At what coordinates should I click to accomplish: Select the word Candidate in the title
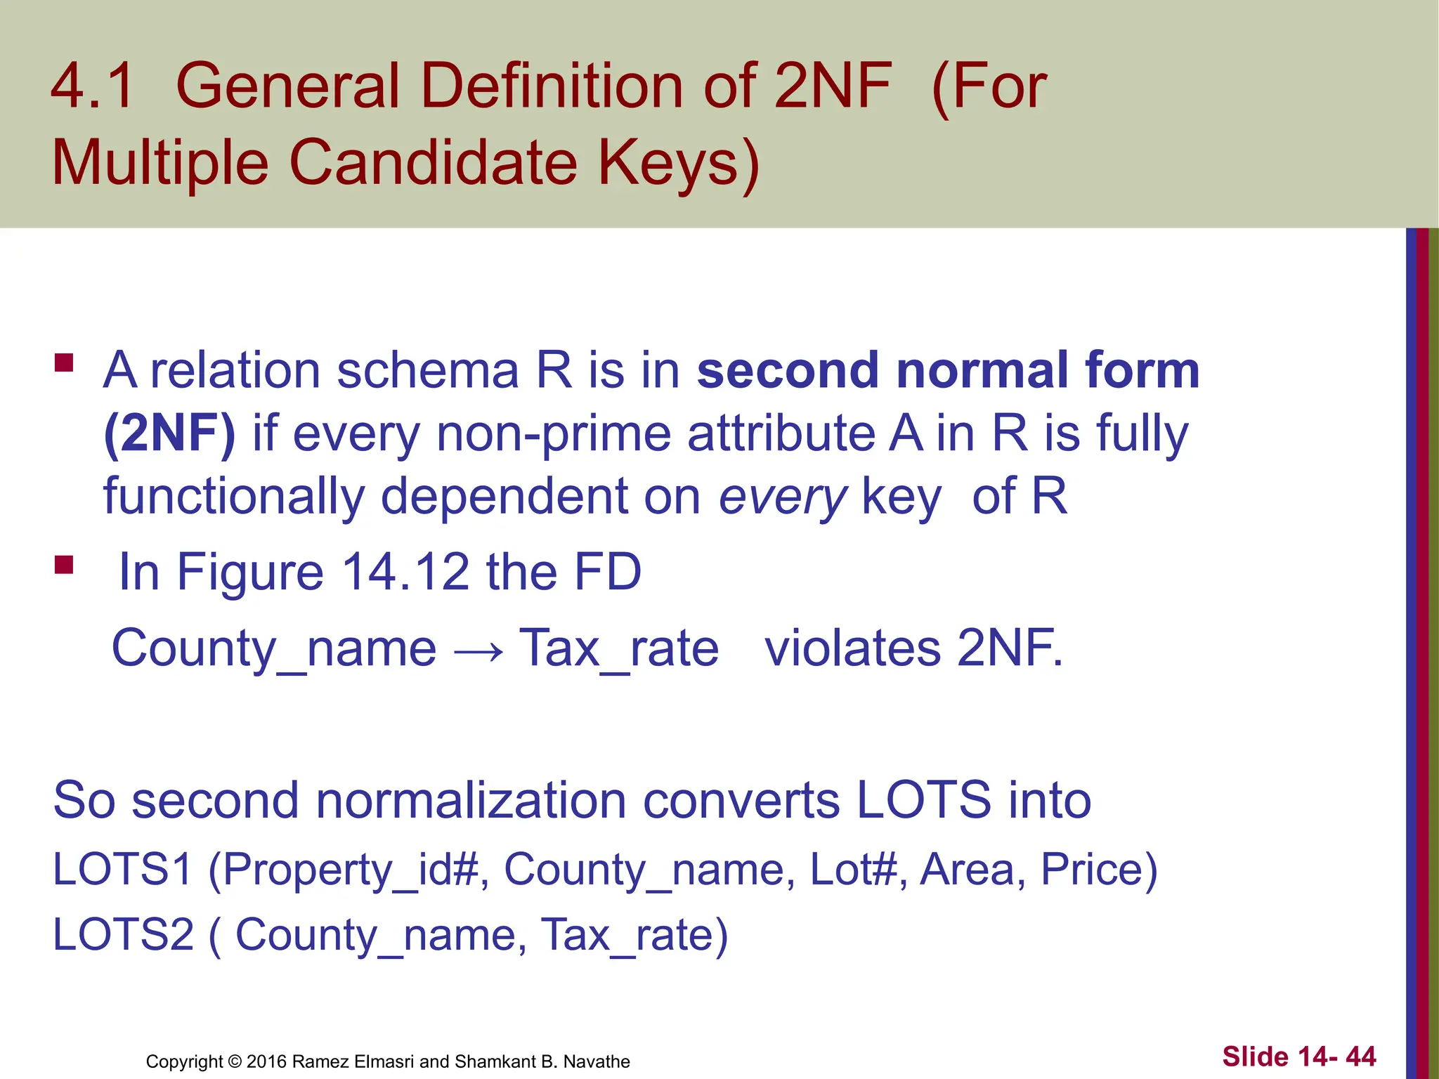[433, 163]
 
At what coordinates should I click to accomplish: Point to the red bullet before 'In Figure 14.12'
[64, 565]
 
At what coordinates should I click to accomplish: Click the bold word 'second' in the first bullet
[788, 371]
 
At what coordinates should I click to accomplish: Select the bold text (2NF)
[169, 433]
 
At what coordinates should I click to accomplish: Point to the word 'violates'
[852, 648]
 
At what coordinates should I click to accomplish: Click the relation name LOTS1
[123, 870]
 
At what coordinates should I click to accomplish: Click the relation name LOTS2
[123, 935]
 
